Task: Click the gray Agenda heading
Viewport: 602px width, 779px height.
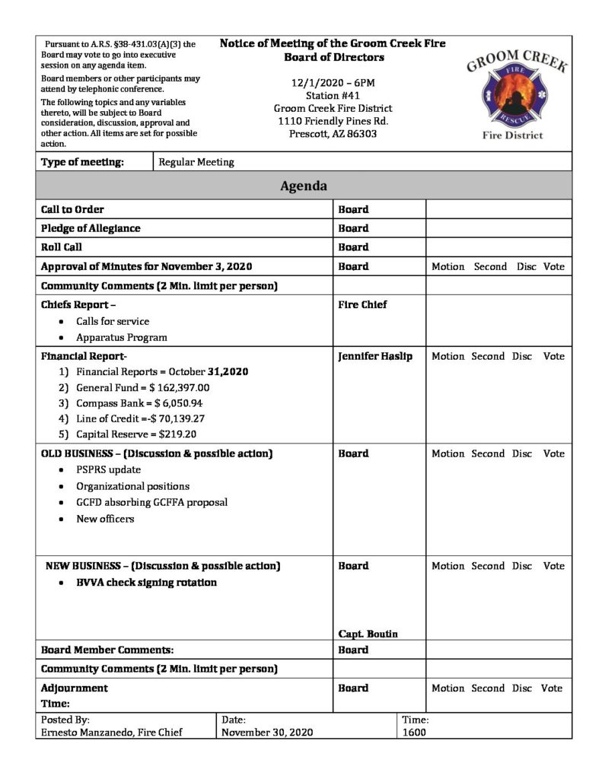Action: click(304, 186)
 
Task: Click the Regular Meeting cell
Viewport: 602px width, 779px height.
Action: click(196, 162)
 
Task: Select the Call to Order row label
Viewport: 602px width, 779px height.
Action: click(72, 209)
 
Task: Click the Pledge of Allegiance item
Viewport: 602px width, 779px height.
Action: click(91, 228)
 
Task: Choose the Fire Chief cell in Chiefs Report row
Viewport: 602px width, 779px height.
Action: click(362, 304)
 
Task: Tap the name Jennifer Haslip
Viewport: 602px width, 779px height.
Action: click(375, 356)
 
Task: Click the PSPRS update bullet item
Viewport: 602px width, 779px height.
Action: click(108, 469)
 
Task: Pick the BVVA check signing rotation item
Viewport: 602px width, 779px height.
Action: click(146, 583)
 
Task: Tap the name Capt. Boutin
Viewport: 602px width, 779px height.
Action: click(368, 634)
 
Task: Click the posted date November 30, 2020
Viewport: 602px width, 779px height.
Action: click(266, 733)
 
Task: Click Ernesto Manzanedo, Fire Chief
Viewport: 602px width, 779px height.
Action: click(111, 733)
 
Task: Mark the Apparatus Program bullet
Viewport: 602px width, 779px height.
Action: click(122, 337)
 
